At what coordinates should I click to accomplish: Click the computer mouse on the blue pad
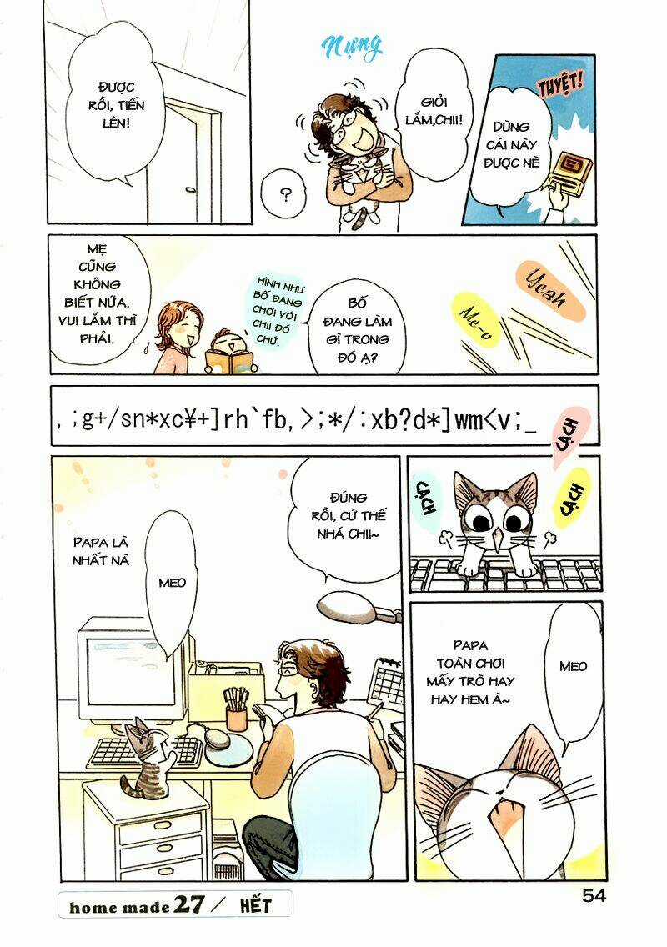click(216, 739)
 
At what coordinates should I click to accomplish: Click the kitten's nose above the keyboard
click(498, 544)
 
